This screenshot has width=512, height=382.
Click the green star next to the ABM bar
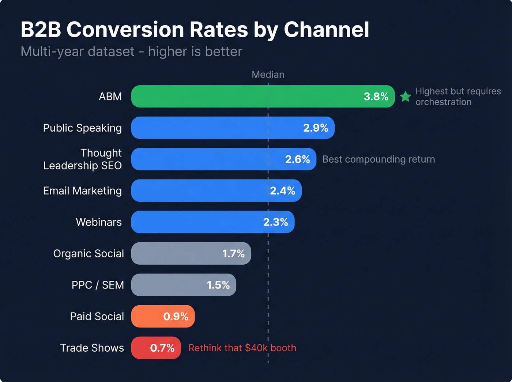tap(405, 97)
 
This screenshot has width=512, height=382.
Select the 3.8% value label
tap(376, 97)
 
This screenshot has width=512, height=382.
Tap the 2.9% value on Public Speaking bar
tap(315, 128)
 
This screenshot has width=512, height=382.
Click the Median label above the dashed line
tap(268, 75)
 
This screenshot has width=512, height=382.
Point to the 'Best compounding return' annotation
tap(379, 159)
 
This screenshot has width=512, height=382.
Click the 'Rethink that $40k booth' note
tap(242, 348)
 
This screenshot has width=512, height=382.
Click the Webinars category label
tap(99, 222)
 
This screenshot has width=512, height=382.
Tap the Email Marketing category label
tap(82, 191)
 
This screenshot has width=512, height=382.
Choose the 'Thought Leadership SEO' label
tap(83, 159)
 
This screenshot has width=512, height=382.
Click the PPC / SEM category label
tap(98, 285)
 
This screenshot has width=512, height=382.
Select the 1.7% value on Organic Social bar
tap(233, 254)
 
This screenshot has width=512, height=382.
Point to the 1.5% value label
tap(218, 285)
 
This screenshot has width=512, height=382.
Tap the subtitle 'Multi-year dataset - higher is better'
tap(131, 52)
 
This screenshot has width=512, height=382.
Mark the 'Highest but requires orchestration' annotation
tap(458, 97)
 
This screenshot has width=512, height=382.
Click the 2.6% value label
tap(297, 159)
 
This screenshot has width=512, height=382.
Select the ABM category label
tap(110, 97)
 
